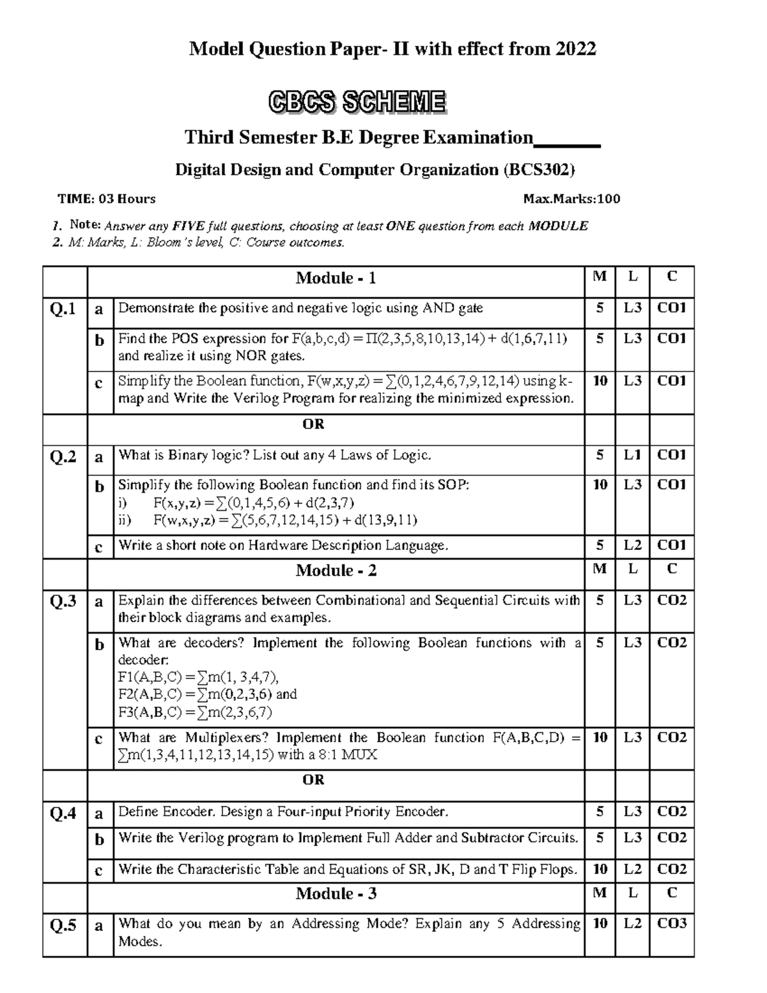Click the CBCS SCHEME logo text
pyautogui.click(x=357, y=102)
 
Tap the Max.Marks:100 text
pyautogui.click(x=571, y=199)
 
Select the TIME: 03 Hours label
pyautogui.click(x=107, y=199)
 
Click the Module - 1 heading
pyautogui.click(x=336, y=278)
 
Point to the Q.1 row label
pyautogui.click(x=63, y=309)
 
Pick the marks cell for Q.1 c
pyautogui.click(x=600, y=381)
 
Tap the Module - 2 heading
pyautogui.click(x=336, y=570)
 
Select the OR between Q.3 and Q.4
pyautogui.click(x=313, y=780)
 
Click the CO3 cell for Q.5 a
pyautogui.click(x=672, y=923)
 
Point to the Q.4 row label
pyautogui.click(x=63, y=813)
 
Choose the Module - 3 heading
pyautogui.click(x=336, y=894)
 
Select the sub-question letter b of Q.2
pyautogui.click(x=99, y=487)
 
